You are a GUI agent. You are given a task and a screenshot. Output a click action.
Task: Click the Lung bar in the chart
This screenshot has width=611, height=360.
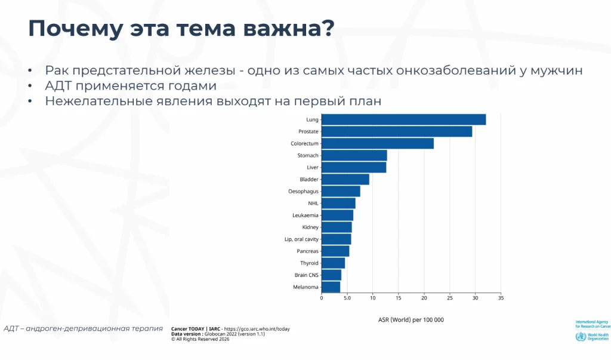pos(403,119)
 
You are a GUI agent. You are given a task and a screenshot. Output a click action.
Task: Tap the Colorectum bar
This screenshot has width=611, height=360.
pos(377,143)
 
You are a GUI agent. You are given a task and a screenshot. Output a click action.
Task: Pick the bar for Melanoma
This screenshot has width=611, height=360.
pos(331,287)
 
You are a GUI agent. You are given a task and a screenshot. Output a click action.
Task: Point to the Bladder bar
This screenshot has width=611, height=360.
pos(345,179)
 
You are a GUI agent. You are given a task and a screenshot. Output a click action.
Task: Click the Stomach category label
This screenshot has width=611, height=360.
pos(308,156)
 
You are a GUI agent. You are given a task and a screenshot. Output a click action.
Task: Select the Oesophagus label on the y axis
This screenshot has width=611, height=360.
pos(303,192)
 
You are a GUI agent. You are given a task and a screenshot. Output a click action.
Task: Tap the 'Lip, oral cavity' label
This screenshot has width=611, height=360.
pos(301,239)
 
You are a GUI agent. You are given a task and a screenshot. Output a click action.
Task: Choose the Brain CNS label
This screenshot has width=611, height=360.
pos(307,275)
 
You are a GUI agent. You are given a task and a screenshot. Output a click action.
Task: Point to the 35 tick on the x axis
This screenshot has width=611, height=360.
pos(501,297)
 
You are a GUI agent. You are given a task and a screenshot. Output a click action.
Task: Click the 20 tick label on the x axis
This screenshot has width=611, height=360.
pos(424,297)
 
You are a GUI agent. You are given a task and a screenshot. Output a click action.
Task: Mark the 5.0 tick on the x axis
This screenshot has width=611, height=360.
pos(347,297)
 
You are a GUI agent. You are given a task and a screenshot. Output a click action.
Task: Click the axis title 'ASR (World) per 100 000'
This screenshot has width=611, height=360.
pos(411,320)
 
